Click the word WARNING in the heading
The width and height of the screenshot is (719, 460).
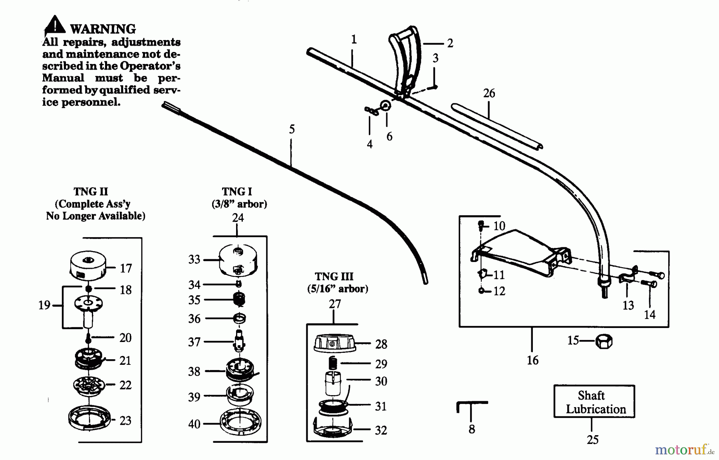pos(103,29)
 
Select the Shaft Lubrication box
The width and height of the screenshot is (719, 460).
pos(594,402)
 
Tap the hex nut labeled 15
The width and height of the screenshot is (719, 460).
pos(604,342)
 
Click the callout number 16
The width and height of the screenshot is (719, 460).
pos(532,360)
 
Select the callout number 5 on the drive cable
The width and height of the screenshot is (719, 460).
pos(292,129)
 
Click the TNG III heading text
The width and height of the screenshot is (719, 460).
pos(334,276)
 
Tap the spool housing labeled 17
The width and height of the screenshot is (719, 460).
pos(88,264)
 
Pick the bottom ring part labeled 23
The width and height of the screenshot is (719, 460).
pos(89,418)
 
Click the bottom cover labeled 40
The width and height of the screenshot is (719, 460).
pos(240,422)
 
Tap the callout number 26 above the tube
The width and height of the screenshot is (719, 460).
pos(489,93)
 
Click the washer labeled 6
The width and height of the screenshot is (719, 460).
pos(386,106)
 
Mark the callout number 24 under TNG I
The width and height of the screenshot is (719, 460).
pos(238,218)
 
